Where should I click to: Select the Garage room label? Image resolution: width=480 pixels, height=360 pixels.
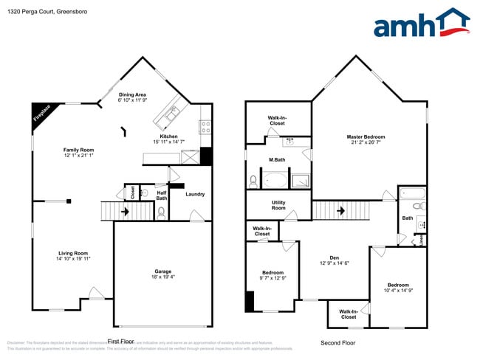(x=163, y=271)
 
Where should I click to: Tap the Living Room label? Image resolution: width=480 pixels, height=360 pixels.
(x=74, y=253)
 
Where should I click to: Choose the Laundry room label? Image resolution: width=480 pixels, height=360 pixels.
(x=195, y=194)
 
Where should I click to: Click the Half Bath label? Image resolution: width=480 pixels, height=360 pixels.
(x=162, y=195)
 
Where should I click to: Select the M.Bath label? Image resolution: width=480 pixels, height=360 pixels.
(x=277, y=160)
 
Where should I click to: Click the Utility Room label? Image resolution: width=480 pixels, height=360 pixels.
(x=278, y=205)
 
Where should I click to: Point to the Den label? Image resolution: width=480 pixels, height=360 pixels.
(x=334, y=257)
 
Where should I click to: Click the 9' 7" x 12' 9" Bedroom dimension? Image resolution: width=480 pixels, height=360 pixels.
(x=272, y=277)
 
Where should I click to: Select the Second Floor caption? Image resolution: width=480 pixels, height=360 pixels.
(x=337, y=343)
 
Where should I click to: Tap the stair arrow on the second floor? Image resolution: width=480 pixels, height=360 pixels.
(x=341, y=210)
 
